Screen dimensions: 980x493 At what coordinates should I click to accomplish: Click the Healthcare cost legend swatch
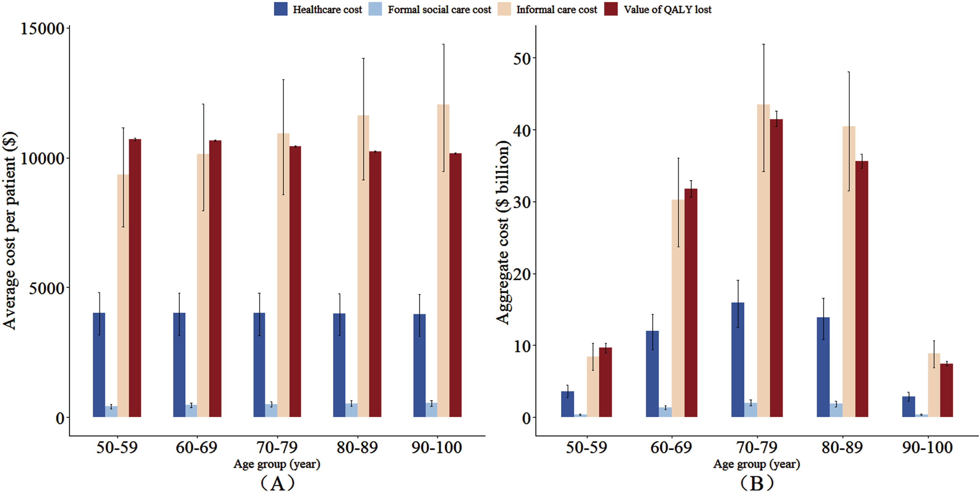[x=280, y=9]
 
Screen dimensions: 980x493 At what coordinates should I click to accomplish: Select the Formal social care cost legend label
[x=439, y=9]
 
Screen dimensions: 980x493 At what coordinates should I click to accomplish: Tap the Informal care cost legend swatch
[x=504, y=9]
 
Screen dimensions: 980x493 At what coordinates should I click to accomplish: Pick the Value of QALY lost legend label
[x=667, y=9]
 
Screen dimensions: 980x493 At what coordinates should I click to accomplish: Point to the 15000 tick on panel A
[x=42, y=28]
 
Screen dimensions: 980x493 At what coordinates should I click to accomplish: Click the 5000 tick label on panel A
[x=47, y=288]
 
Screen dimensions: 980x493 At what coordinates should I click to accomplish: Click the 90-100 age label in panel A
[x=437, y=447]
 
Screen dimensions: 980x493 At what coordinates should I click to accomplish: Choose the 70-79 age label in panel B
[x=757, y=447]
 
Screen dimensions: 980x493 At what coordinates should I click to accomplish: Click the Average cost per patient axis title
[x=9, y=230]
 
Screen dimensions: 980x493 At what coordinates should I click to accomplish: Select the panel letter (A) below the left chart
[x=277, y=483]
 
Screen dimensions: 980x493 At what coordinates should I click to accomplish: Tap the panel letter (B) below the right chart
[x=757, y=483]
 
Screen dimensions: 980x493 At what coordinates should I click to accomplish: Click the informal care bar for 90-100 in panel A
[x=443, y=261]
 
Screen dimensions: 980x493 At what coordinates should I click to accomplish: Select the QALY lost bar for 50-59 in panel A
[x=135, y=278]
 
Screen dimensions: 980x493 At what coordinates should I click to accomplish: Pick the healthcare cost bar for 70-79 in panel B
[x=738, y=360]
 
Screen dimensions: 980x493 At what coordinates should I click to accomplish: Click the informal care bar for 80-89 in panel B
[x=849, y=272]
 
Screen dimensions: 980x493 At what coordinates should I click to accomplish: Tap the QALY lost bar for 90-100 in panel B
[x=947, y=390]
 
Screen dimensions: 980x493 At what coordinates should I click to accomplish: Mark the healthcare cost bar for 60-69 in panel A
[x=179, y=365]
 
